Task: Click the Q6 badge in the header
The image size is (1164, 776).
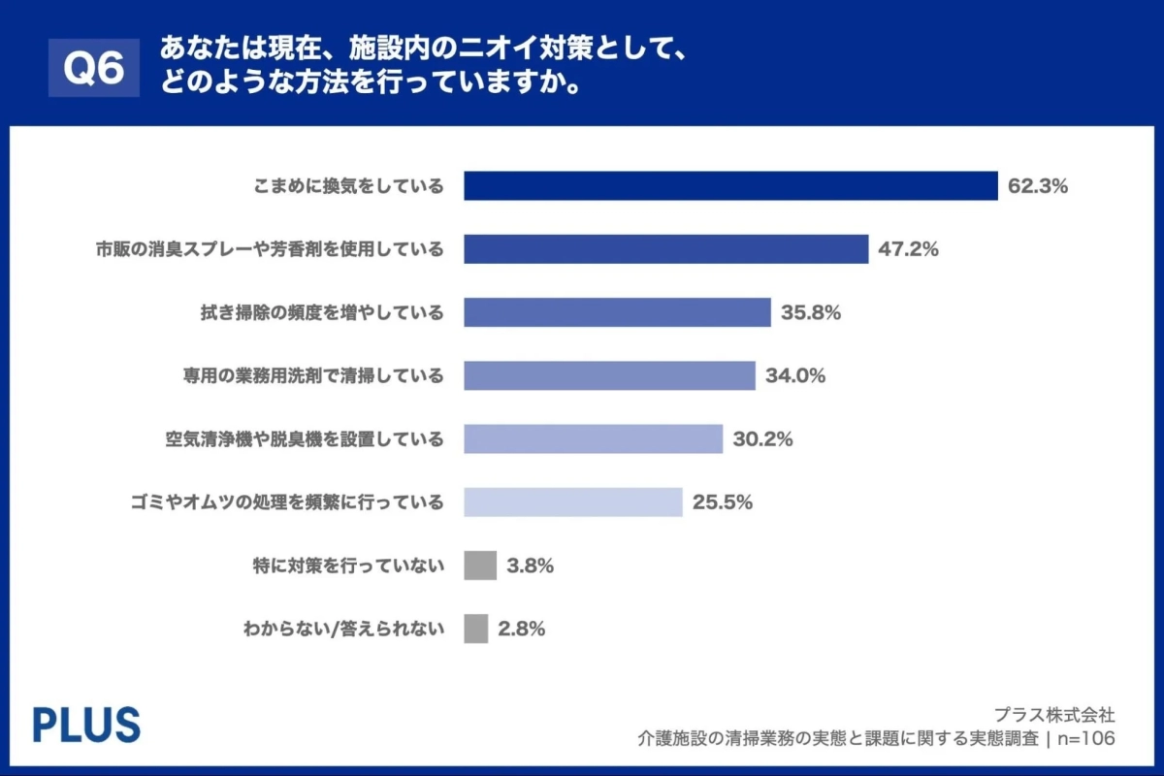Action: point(94,69)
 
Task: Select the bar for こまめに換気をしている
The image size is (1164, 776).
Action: point(730,186)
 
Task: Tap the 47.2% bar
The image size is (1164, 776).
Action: point(665,249)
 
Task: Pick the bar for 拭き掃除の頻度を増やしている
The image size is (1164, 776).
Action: point(617,312)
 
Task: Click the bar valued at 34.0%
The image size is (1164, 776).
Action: point(609,375)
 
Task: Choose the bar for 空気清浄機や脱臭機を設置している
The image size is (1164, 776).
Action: point(593,438)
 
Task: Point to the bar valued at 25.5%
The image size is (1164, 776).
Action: point(572,501)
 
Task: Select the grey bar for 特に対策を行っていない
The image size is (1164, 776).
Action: point(480,566)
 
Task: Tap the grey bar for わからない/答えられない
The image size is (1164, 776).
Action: point(475,629)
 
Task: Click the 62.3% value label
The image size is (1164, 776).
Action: point(1037,186)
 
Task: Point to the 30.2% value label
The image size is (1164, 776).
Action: point(762,438)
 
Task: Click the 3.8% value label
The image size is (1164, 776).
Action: point(530,566)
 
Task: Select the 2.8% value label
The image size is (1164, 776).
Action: point(521,629)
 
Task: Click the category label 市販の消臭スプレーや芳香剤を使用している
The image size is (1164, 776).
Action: point(270,249)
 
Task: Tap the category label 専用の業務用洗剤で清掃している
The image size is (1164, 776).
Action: point(312,375)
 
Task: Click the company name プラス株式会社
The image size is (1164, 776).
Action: point(1054,715)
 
